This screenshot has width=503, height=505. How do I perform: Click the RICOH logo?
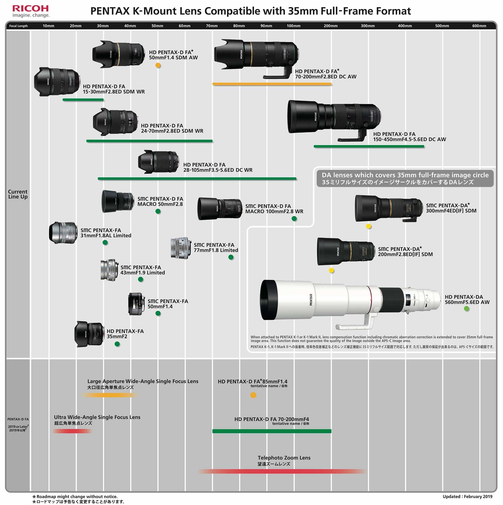(30, 8)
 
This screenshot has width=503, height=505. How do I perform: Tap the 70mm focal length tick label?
(212, 26)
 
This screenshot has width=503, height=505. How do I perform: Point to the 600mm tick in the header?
(479, 26)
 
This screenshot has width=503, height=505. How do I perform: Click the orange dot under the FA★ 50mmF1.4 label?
(158, 66)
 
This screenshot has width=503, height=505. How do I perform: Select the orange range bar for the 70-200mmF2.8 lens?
(272, 84)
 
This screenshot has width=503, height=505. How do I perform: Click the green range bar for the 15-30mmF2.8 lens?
(83, 100)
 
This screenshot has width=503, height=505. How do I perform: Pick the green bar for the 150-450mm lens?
(369, 146)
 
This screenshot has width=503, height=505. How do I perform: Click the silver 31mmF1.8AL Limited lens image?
(63, 233)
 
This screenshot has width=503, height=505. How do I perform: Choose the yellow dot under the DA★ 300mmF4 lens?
(369, 227)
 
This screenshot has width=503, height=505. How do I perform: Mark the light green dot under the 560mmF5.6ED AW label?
(466, 309)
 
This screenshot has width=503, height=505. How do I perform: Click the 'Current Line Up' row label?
(18, 194)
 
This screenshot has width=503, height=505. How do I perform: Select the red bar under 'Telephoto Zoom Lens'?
(282, 471)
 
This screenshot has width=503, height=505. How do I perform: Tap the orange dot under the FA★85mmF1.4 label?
(253, 395)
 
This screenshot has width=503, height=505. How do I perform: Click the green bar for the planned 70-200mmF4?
(272, 431)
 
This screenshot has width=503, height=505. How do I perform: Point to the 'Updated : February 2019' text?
(467, 496)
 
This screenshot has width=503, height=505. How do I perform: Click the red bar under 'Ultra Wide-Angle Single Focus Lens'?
(72, 431)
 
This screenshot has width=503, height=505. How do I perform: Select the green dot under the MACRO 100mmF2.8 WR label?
(294, 219)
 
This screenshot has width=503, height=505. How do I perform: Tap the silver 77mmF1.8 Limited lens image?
(181, 248)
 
